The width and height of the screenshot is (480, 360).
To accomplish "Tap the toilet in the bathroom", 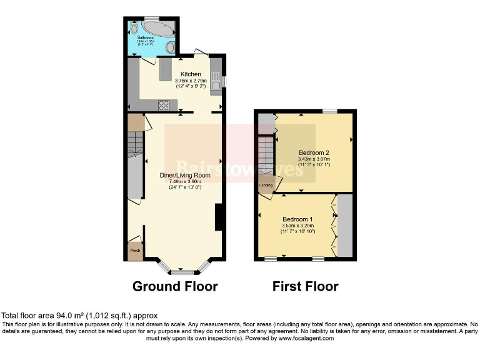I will [171, 47].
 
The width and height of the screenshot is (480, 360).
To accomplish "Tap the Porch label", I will [134, 251].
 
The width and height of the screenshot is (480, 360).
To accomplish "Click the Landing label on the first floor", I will [266, 185].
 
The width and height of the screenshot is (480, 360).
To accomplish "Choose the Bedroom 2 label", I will [314, 152].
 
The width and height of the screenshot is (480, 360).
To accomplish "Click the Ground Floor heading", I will [175, 287].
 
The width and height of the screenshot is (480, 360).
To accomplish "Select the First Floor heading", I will [306, 287].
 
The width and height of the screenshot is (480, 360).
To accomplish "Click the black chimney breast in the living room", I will [219, 218].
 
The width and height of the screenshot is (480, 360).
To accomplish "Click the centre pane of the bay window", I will [182, 272].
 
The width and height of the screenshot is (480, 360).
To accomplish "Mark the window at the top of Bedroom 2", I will [330, 111].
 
